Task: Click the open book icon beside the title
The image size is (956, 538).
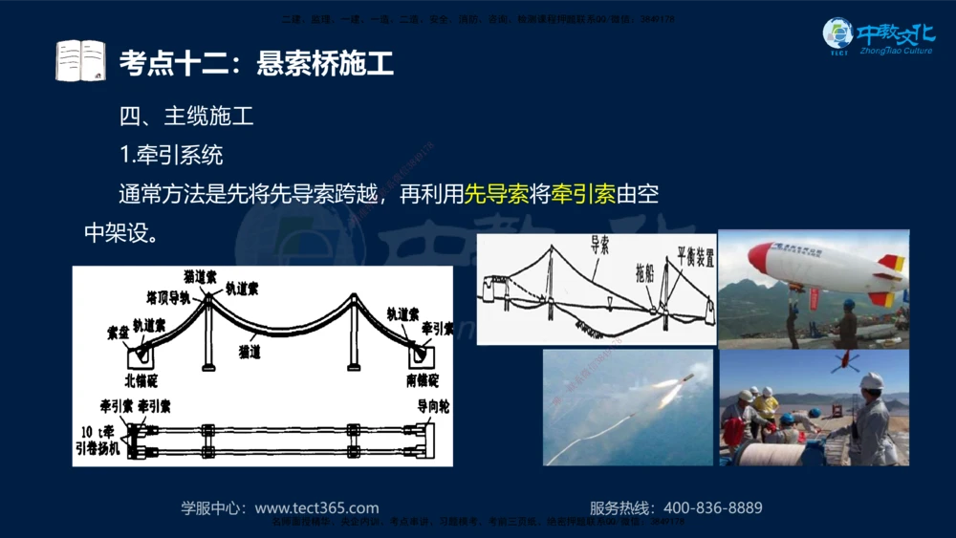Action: (x=80, y=61)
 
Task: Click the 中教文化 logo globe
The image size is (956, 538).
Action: (x=837, y=34)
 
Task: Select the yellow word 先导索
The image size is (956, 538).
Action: (x=496, y=194)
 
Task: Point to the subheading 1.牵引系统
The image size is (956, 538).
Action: (x=171, y=155)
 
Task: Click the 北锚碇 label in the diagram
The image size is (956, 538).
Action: (x=141, y=380)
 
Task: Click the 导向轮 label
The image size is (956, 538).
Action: (x=433, y=406)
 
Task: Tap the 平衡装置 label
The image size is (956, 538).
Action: (x=695, y=255)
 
